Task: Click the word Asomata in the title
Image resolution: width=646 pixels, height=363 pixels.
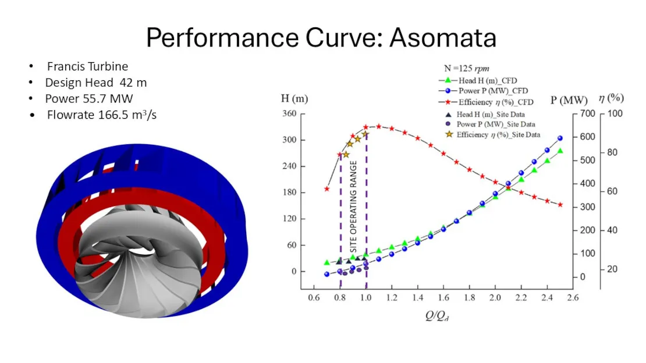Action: coord(443,37)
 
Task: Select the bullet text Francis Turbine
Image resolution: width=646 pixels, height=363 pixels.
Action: coord(87,66)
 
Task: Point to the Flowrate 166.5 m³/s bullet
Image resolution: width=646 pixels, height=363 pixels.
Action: coord(102,115)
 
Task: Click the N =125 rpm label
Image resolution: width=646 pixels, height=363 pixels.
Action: coord(466,69)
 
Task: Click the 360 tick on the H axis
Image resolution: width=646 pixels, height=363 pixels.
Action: coord(289,113)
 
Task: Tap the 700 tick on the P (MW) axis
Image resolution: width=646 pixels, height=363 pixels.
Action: coord(587,113)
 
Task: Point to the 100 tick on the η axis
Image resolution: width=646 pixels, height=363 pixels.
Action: coord(615,113)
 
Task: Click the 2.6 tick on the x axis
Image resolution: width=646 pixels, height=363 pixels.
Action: coord(573,297)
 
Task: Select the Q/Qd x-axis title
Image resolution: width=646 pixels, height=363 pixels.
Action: coord(437,316)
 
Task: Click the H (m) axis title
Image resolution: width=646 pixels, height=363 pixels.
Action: coord(294,98)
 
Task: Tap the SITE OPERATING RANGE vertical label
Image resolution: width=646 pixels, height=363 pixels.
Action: coord(353,207)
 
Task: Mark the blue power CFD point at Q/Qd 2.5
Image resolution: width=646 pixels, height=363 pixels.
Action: coord(560,138)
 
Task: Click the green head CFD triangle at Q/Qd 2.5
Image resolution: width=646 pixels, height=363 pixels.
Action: coord(560,151)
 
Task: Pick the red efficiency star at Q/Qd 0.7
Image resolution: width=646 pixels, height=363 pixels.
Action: coord(327,189)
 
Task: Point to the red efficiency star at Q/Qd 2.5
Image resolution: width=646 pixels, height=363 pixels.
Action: coord(560,205)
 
